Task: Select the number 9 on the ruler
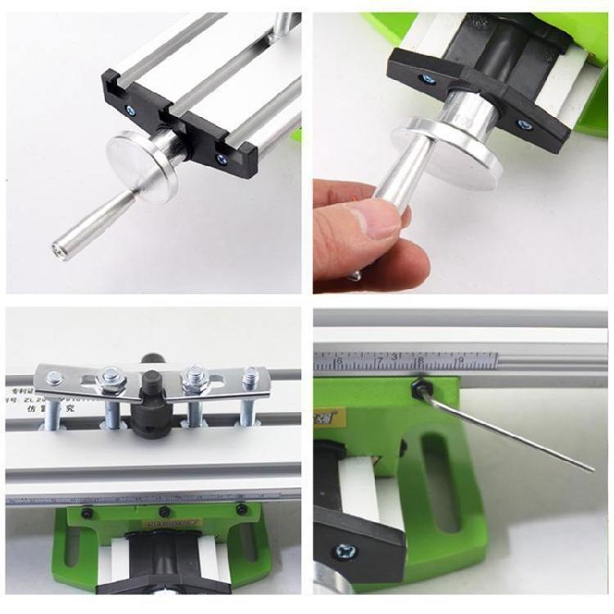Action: click(460, 359)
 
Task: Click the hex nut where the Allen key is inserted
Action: click(418, 382)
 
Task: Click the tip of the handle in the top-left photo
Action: click(59, 245)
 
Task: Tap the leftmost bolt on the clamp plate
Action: click(56, 378)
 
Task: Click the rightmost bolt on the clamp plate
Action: click(250, 376)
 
